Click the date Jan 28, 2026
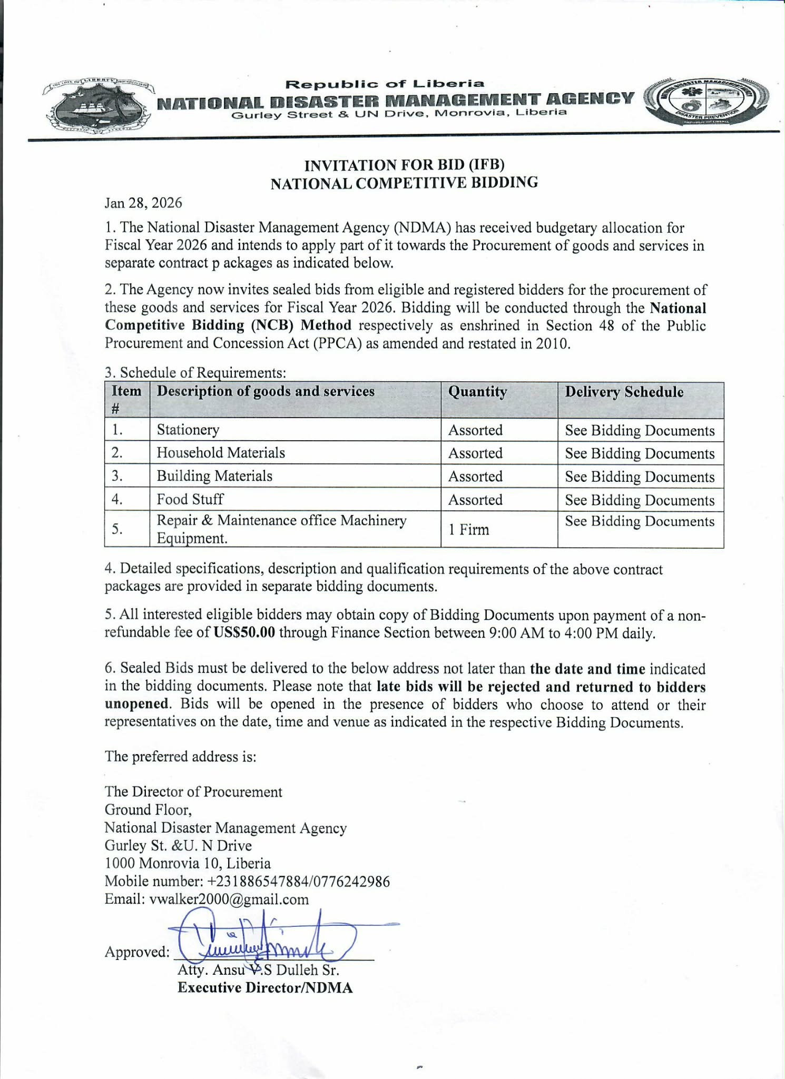[x=143, y=203]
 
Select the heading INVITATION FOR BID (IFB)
[x=404, y=165]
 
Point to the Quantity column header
[x=477, y=392]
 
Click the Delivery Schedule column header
[x=624, y=392]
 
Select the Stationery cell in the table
[x=188, y=430]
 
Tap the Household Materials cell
[x=221, y=453]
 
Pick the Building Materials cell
[x=214, y=476]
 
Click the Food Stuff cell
[x=190, y=499]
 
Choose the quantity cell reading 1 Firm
[x=468, y=529]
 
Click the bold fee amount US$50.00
[x=244, y=632]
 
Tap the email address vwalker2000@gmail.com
[x=229, y=899]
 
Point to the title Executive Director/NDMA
[x=265, y=987]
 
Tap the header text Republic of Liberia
[x=385, y=84]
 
